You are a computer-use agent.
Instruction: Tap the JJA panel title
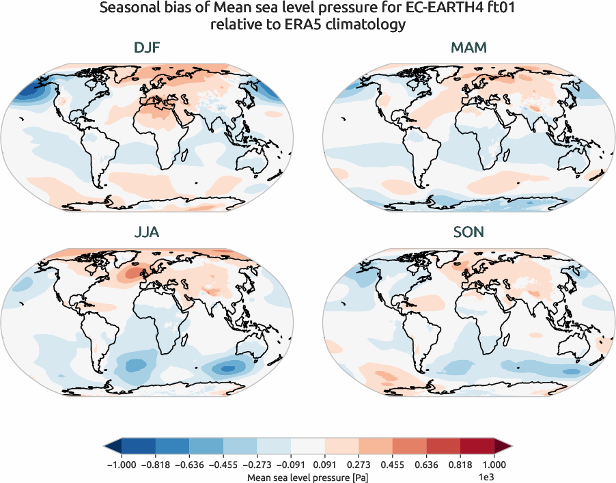pos(148,232)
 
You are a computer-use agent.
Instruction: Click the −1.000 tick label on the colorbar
pos(122,465)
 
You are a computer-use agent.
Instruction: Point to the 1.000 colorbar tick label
pos(493,465)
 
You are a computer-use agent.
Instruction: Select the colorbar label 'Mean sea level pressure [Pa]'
pos(307,477)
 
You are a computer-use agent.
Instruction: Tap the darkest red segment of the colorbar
pos(477,447)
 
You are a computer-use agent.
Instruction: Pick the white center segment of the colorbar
pos(307,447)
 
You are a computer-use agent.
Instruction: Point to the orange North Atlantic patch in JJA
pos(130,275)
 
